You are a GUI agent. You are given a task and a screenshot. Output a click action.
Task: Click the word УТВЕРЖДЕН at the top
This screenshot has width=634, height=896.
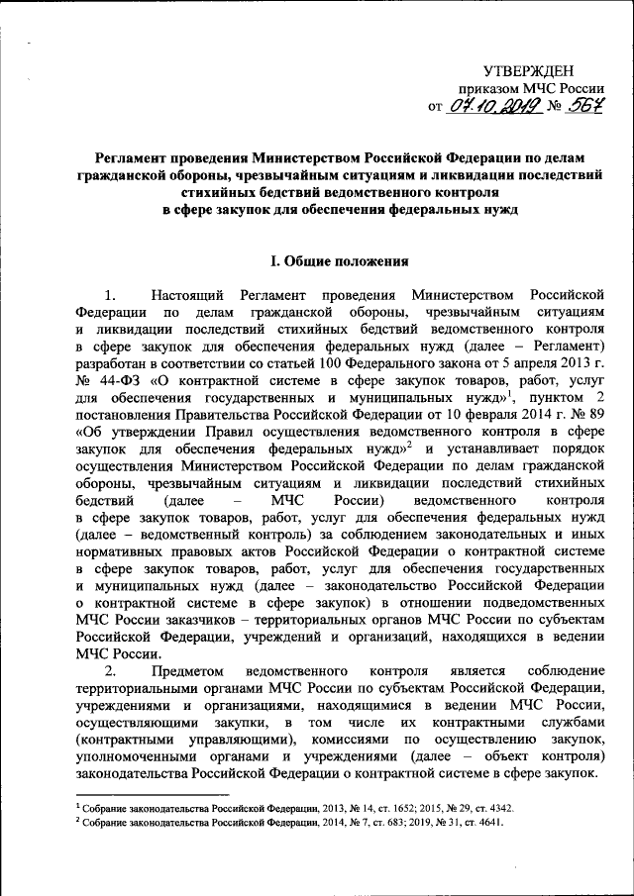pyautogui.click(x=529, y=68)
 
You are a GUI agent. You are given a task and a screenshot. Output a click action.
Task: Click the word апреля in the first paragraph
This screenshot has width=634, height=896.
pyautogui.click(x=515, y=361)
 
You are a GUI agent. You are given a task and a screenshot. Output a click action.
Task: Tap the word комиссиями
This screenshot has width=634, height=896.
pyautogui.click(x=363, y=741)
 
